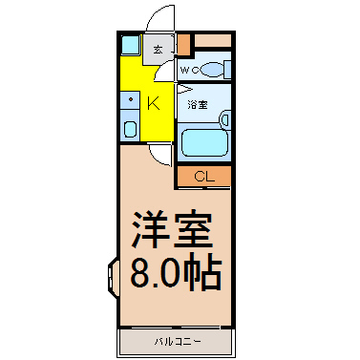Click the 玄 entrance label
159,50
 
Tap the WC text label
189,70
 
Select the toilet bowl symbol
212,70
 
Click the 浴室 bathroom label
198,104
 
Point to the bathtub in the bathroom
204,142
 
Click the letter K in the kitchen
154,103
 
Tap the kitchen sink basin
130,129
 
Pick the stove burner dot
131,99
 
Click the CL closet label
204,176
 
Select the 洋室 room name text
172,229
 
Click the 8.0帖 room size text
176,272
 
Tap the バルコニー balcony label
178,342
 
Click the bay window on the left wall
113,277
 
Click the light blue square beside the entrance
131,45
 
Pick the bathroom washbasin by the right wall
225,119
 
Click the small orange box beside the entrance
183,44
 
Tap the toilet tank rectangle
227,70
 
